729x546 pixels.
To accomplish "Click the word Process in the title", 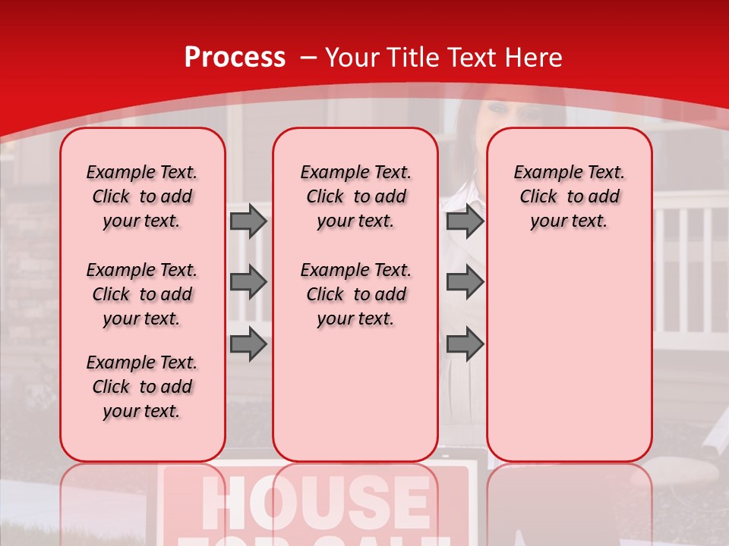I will click(x=235, y=58).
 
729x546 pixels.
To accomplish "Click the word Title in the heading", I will click(x=415, y=58).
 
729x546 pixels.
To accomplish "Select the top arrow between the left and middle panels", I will click(x=248, y=221).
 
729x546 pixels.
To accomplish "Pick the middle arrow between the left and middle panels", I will click(x=248, y=282).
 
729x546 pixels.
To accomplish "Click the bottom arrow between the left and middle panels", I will click(x=248, y=344).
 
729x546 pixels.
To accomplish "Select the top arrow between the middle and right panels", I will click(x=465, y=221).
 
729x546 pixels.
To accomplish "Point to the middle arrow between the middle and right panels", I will click(x=465, y=282).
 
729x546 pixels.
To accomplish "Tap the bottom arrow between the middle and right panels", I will click(x=465, y=344).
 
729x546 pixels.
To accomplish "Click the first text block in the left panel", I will click(x=142, y=196).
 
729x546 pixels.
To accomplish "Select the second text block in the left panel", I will click(x=142, y=294).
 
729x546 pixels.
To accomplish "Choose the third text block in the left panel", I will click(x=142, y=387).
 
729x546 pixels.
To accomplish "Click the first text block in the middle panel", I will click(x=356, y=196).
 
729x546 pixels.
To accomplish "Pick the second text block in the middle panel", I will click(x=356, y=294).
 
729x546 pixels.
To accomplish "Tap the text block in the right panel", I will click(x=570, y=196).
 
